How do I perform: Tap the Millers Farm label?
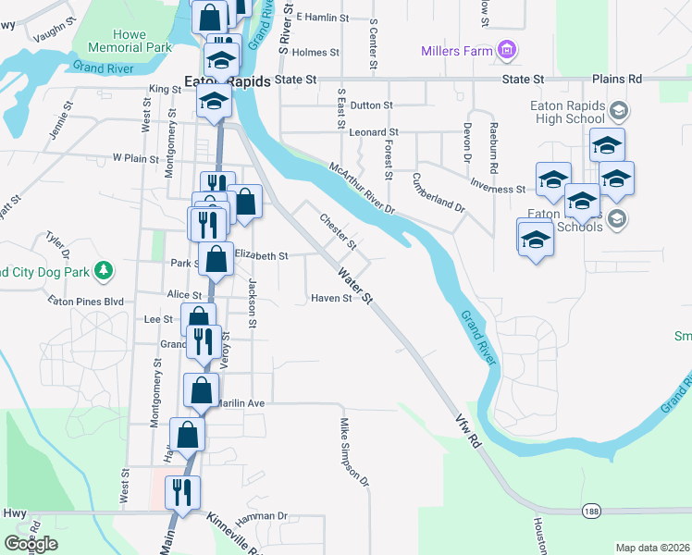(456, 51)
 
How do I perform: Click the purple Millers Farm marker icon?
(506, 50)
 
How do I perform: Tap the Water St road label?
(354, 287)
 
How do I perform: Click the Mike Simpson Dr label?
(353, 452)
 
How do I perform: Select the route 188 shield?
(592, 511)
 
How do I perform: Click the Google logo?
(30, 543)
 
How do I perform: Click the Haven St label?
(331, 298)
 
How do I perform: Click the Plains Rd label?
(616, 80)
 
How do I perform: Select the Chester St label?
(338, 231)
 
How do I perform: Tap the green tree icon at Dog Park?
(105, 270)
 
